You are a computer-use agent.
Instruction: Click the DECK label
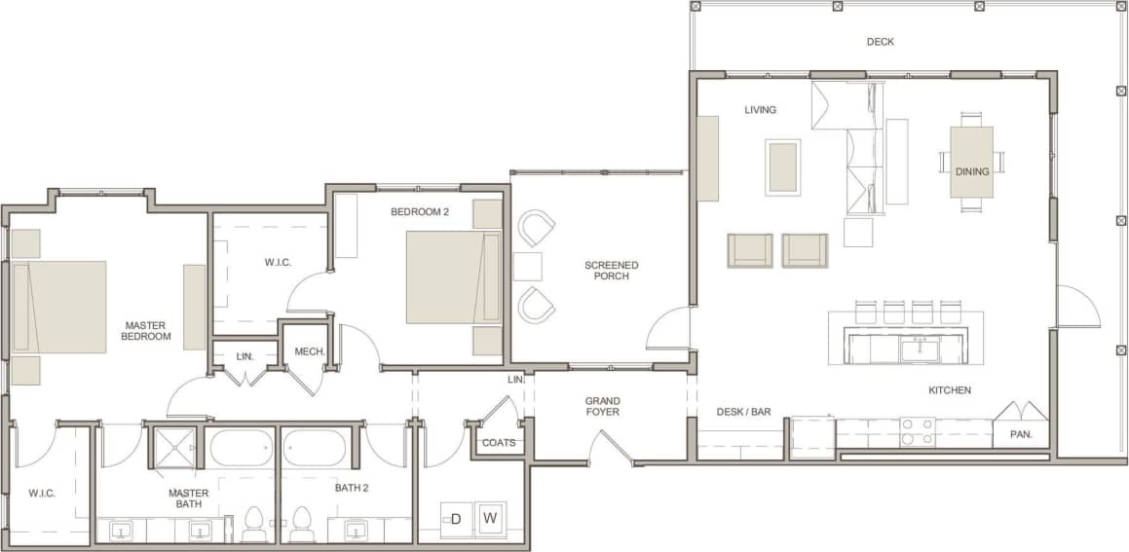(880, 42)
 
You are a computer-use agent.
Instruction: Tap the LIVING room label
(760, 110)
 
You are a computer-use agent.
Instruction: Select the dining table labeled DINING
(971, 163)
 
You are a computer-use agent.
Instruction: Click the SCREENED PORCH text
(611, 270)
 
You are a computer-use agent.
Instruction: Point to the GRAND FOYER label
(602, 406)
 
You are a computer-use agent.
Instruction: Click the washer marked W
(490, 518)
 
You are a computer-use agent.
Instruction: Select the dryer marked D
(455, 518)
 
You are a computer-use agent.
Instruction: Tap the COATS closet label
(499, 443)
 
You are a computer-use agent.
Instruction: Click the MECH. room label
(309, 351)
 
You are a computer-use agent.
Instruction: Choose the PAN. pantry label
(1020, 434)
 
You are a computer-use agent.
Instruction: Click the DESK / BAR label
(743, 412)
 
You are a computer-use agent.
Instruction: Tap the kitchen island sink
(918, 347)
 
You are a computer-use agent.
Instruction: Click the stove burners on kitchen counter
(916, 431)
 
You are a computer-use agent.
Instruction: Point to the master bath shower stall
(172, 448)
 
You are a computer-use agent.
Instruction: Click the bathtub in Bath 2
(314, 449)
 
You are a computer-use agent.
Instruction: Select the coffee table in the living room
(782, 167)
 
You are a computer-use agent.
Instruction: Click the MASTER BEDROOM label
(146, 330)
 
